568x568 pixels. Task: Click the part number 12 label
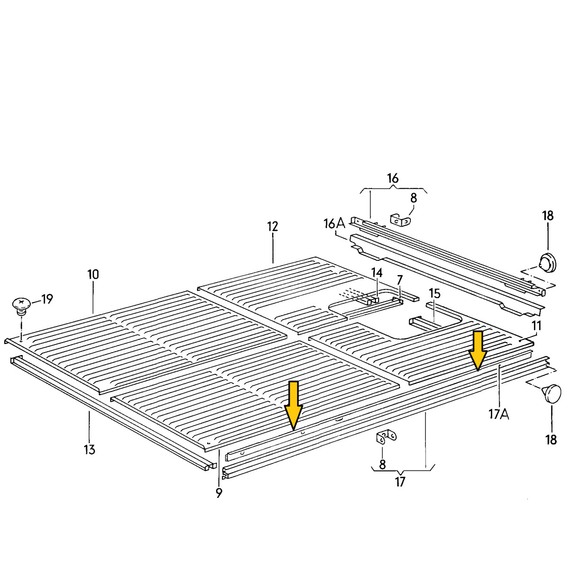click(273, 226)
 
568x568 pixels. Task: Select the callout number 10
click(93, 275)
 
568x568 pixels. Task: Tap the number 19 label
click(47, 299)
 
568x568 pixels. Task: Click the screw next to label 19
click(21, 307)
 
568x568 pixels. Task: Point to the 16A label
click(334, 224)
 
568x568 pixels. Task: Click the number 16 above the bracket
click(392, 178)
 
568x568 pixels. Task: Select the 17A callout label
click(499, 414)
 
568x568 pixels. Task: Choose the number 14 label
click(377, 273)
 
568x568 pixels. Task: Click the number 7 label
click(399, 280)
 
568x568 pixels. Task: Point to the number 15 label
click(435, 293)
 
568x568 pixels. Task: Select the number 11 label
click(536, 326)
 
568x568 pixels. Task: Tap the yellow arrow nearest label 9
click(293, 405)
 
